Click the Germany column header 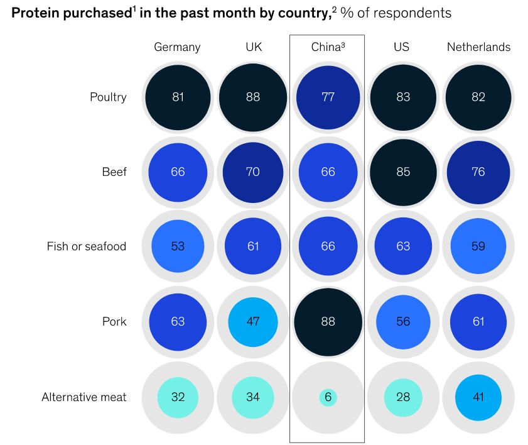coord(178,47)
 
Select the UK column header coord(253,47)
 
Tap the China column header coord(328,47)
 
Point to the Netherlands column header coord(478,47)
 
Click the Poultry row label coord(108,97)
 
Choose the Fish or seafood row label coord(87,246)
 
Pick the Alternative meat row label coord(84,397)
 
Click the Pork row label coord(114,322)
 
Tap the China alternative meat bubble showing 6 coord(328,397)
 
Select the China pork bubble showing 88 coord(328,322)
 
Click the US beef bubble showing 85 coord(403,172)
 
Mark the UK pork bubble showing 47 coord(253,322)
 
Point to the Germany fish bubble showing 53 coord(178,246)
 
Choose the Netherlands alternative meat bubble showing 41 coord(478,397)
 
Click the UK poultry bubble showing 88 coord(253,97)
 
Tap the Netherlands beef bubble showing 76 coord(478,172)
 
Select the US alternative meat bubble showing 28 coord(403,397)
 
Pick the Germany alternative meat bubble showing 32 coord(178,397)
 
